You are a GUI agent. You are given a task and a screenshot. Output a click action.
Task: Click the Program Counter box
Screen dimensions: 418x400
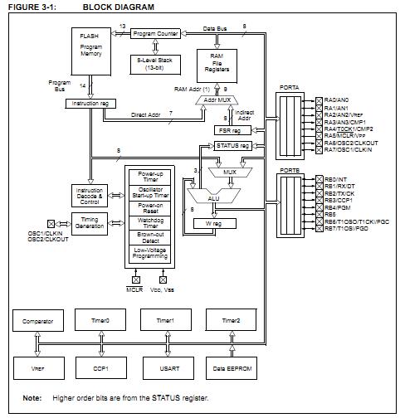coord(156,33)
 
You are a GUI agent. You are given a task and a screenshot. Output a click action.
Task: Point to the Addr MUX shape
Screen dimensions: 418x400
coord(211,100)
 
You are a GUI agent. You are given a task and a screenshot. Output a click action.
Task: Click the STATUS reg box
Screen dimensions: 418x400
coord(232,146)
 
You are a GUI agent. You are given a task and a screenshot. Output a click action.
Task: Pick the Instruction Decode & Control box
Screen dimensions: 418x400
coord(89,195)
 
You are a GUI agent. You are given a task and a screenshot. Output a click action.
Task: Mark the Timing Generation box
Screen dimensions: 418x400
coord(89,223)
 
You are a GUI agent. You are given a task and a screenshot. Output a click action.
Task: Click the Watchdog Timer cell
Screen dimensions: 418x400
coord(150,222)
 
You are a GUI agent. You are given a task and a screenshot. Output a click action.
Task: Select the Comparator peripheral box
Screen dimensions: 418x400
coord(38,321)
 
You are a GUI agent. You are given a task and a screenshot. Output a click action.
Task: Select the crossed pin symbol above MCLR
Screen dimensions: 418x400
coord(135,281)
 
